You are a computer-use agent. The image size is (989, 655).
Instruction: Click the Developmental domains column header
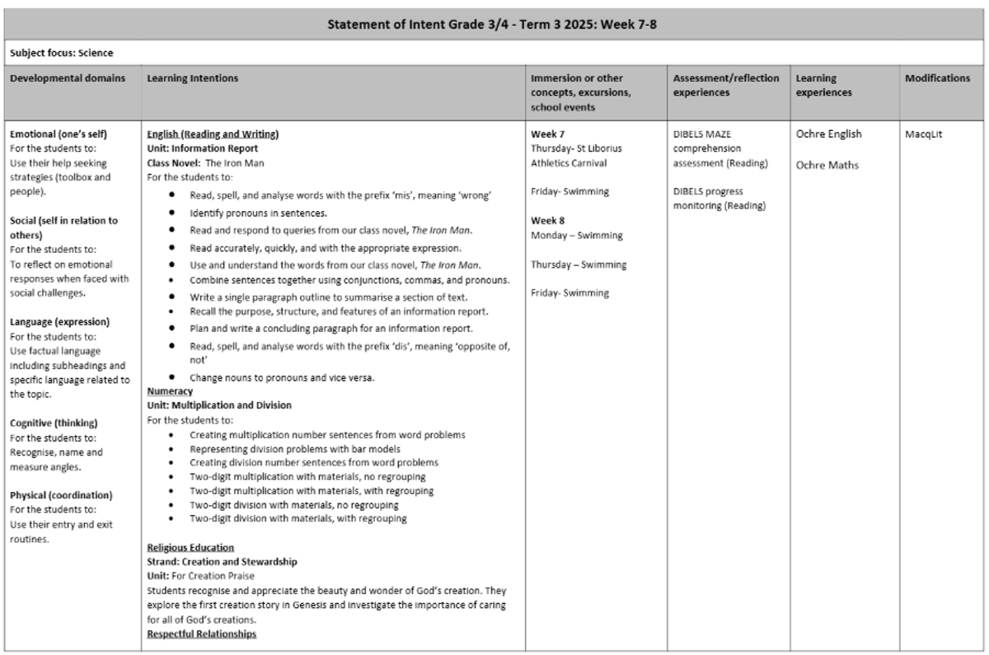click(x=68, y=78)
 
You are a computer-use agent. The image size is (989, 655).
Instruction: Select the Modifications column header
click(x=937, y=78)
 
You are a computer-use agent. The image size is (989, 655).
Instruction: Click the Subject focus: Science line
click(x=62, y=53)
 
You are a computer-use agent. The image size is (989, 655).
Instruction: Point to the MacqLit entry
click(x=923, y=133)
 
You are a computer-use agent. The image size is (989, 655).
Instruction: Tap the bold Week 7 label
click(x=548, y=133)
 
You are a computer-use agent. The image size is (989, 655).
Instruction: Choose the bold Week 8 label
click(x=548, y=220)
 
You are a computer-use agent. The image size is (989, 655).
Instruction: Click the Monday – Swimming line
click(x=576, y=235)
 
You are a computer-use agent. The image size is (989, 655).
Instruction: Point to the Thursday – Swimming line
click(x=579, y=264)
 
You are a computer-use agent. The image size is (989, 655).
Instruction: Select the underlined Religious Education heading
click(x=190, y=547)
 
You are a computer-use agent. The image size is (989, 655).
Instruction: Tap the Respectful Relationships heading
click(x=201, y=634)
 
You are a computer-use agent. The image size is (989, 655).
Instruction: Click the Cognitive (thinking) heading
click(x=54, y=423)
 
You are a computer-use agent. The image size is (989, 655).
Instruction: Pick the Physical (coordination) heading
click(x=61, y=495)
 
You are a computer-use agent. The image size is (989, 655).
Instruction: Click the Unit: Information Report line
click(x=202, y=148)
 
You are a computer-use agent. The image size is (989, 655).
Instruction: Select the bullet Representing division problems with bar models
click(x=295, y=449)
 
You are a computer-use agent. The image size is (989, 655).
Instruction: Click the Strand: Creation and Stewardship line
click(x=222, y=561)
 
